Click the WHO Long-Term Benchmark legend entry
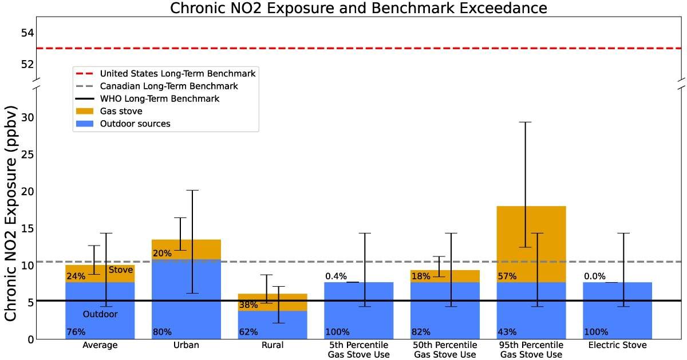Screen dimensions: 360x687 [x=160, y=98]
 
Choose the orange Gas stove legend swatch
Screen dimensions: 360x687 [x=85, y=111]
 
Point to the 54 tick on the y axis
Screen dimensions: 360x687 [x=27, y=33]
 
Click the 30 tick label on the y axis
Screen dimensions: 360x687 [x=27, y=117]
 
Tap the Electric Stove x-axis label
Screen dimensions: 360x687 [x=617, y=346]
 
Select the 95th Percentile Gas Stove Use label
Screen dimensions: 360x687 [x=531, y=350]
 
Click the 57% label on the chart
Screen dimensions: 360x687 [x=507, y=276]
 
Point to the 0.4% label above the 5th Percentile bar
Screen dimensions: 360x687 [x=336, y=276]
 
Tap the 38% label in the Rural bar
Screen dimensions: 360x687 [x=248, y=305]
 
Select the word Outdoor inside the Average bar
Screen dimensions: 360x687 [x=100, y=314]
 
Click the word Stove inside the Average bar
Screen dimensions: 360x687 [x=120, y=270]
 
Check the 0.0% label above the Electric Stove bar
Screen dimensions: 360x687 [x=595, y=276]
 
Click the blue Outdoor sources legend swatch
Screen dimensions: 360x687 [x=85, y=124]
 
